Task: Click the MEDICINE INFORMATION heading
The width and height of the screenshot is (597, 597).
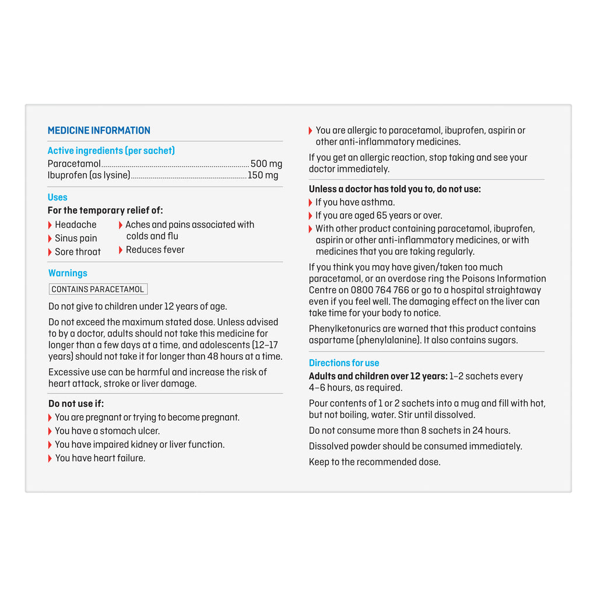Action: [99, 131]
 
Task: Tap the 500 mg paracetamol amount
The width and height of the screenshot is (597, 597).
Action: [266, 164]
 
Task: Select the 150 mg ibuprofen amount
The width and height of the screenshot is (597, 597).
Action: [263, 175]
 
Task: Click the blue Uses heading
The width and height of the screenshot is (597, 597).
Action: [58, 198]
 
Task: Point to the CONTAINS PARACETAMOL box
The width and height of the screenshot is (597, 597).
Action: [98, 289]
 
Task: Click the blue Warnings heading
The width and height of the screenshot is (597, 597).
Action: [68, 273]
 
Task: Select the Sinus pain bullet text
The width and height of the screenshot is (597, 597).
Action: [76, 238]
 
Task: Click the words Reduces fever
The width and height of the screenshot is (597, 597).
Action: [155, 250]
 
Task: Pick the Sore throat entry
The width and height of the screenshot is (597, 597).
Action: [78, 252]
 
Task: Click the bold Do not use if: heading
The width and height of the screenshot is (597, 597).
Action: [76, 404]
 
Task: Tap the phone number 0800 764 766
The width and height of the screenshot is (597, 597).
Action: [380, 290]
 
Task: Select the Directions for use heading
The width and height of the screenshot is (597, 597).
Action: [344, 363]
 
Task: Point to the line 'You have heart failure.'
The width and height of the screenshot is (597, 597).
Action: [100, 458]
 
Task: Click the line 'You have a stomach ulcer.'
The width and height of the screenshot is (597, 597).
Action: [107, 431]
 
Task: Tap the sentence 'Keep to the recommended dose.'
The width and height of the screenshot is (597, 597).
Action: [374, 462]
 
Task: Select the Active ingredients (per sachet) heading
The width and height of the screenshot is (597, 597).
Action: [111, 151]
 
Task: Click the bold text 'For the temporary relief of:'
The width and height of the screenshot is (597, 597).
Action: [105, 210]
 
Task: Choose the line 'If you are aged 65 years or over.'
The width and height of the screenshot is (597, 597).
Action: [378, 216]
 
